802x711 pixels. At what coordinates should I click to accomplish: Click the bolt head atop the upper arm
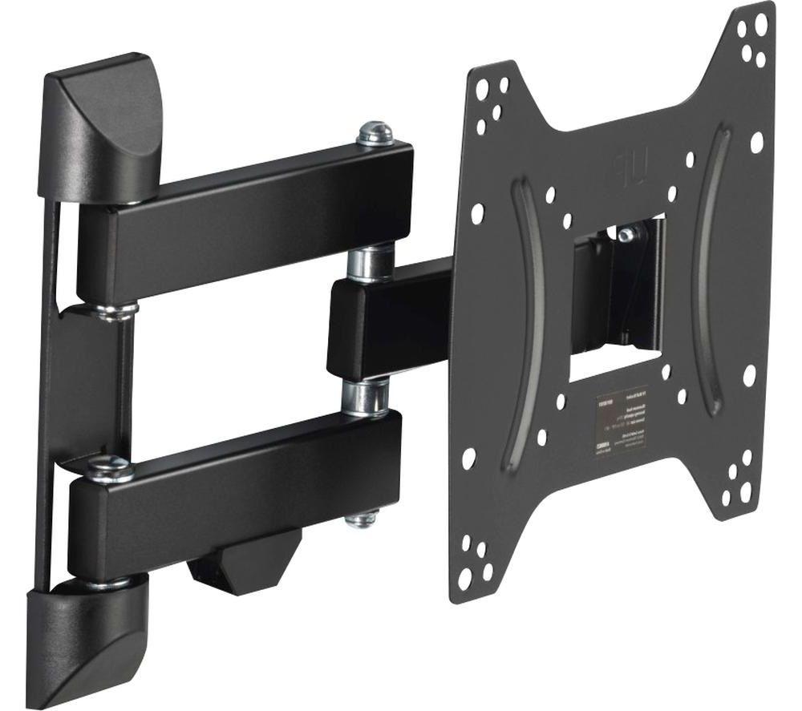pos(375,132)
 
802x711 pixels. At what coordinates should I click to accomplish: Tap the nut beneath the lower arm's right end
pos(361,519)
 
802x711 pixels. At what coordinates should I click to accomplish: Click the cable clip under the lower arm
pos(241,561)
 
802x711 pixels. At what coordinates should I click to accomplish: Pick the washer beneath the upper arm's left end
pos(112,309)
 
